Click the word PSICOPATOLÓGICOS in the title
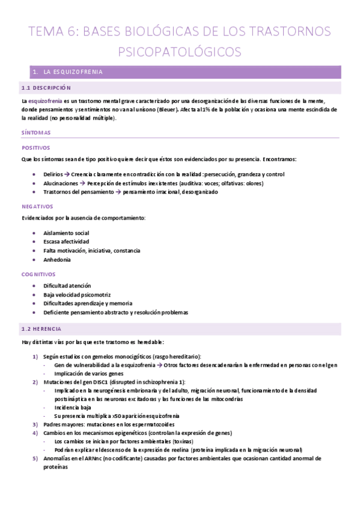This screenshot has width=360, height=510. click(180, 52)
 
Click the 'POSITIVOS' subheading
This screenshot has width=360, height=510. click(36, 147)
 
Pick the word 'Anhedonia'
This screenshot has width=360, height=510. click(57, 260)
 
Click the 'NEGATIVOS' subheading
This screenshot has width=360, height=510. click(38, 206)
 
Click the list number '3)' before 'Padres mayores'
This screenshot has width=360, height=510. click(35, 425)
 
